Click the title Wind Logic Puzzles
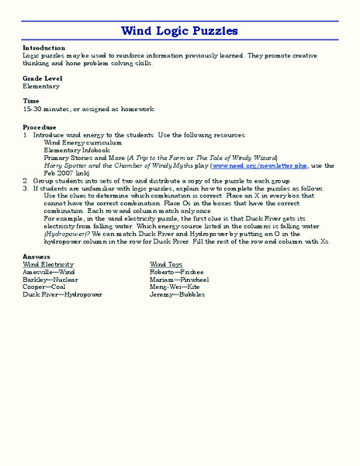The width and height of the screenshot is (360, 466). [179, 31]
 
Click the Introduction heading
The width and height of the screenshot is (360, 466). [44, 47]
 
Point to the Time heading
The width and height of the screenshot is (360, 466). [31, 101]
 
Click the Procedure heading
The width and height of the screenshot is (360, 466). [40, 127]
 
